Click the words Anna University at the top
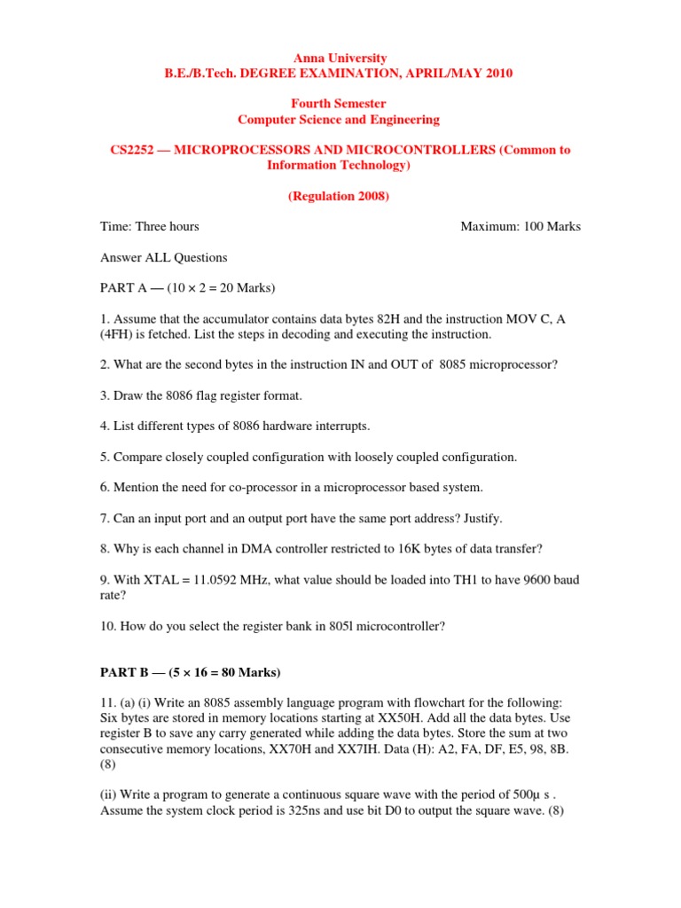339,59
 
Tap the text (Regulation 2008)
339,196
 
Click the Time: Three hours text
149,226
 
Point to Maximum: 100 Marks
521,226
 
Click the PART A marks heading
187,288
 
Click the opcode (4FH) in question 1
118,334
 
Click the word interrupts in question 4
339,426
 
